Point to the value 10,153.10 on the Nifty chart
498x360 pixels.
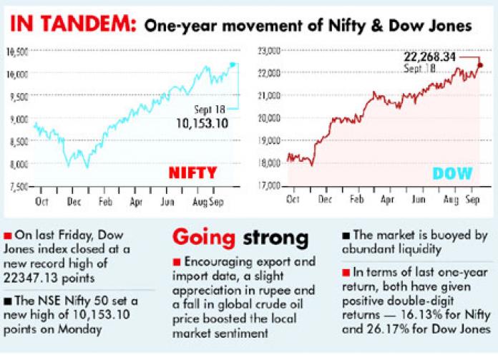click(x=205, y=123)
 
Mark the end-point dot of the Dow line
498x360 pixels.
click(x=479, y=65)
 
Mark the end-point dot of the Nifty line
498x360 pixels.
click(x=233, y=64)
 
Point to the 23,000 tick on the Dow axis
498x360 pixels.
click(x=268, y=50)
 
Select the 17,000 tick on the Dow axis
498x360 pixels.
click(x=268, y=186)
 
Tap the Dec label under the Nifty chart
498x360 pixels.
click(x=74, y=203)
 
